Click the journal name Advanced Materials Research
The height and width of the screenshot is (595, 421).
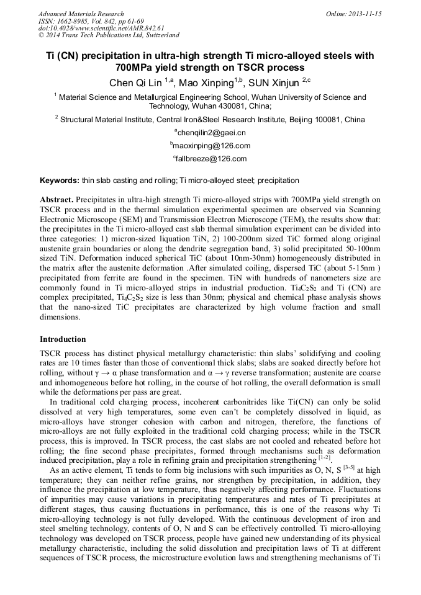click(81, 14)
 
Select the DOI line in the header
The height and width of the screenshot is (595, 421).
click(101, 28)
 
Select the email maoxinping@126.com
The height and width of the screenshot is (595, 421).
click(211, 146)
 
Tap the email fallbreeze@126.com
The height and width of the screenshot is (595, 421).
click(211, 159)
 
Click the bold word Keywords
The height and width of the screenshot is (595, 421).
click(59, 181)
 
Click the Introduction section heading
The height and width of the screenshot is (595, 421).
click(63, 339)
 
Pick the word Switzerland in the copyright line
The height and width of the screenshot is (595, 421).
click(160, 35)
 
